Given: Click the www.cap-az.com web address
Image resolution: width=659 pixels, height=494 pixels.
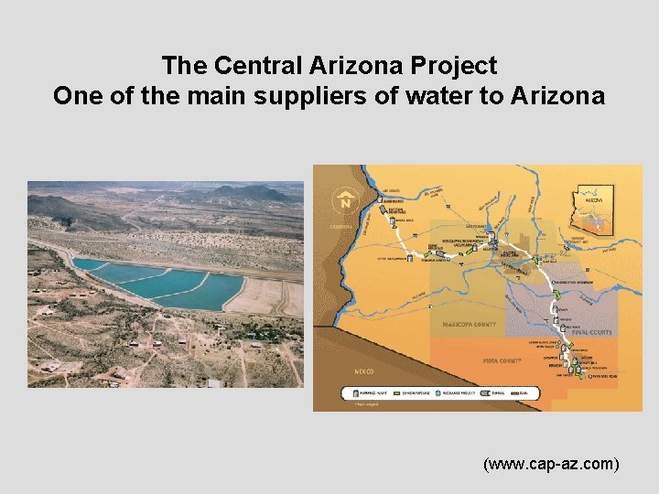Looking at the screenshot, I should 551,465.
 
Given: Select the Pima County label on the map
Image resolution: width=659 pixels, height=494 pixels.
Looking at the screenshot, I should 502,360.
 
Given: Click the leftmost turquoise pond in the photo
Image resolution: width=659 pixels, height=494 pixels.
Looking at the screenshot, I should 91,265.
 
